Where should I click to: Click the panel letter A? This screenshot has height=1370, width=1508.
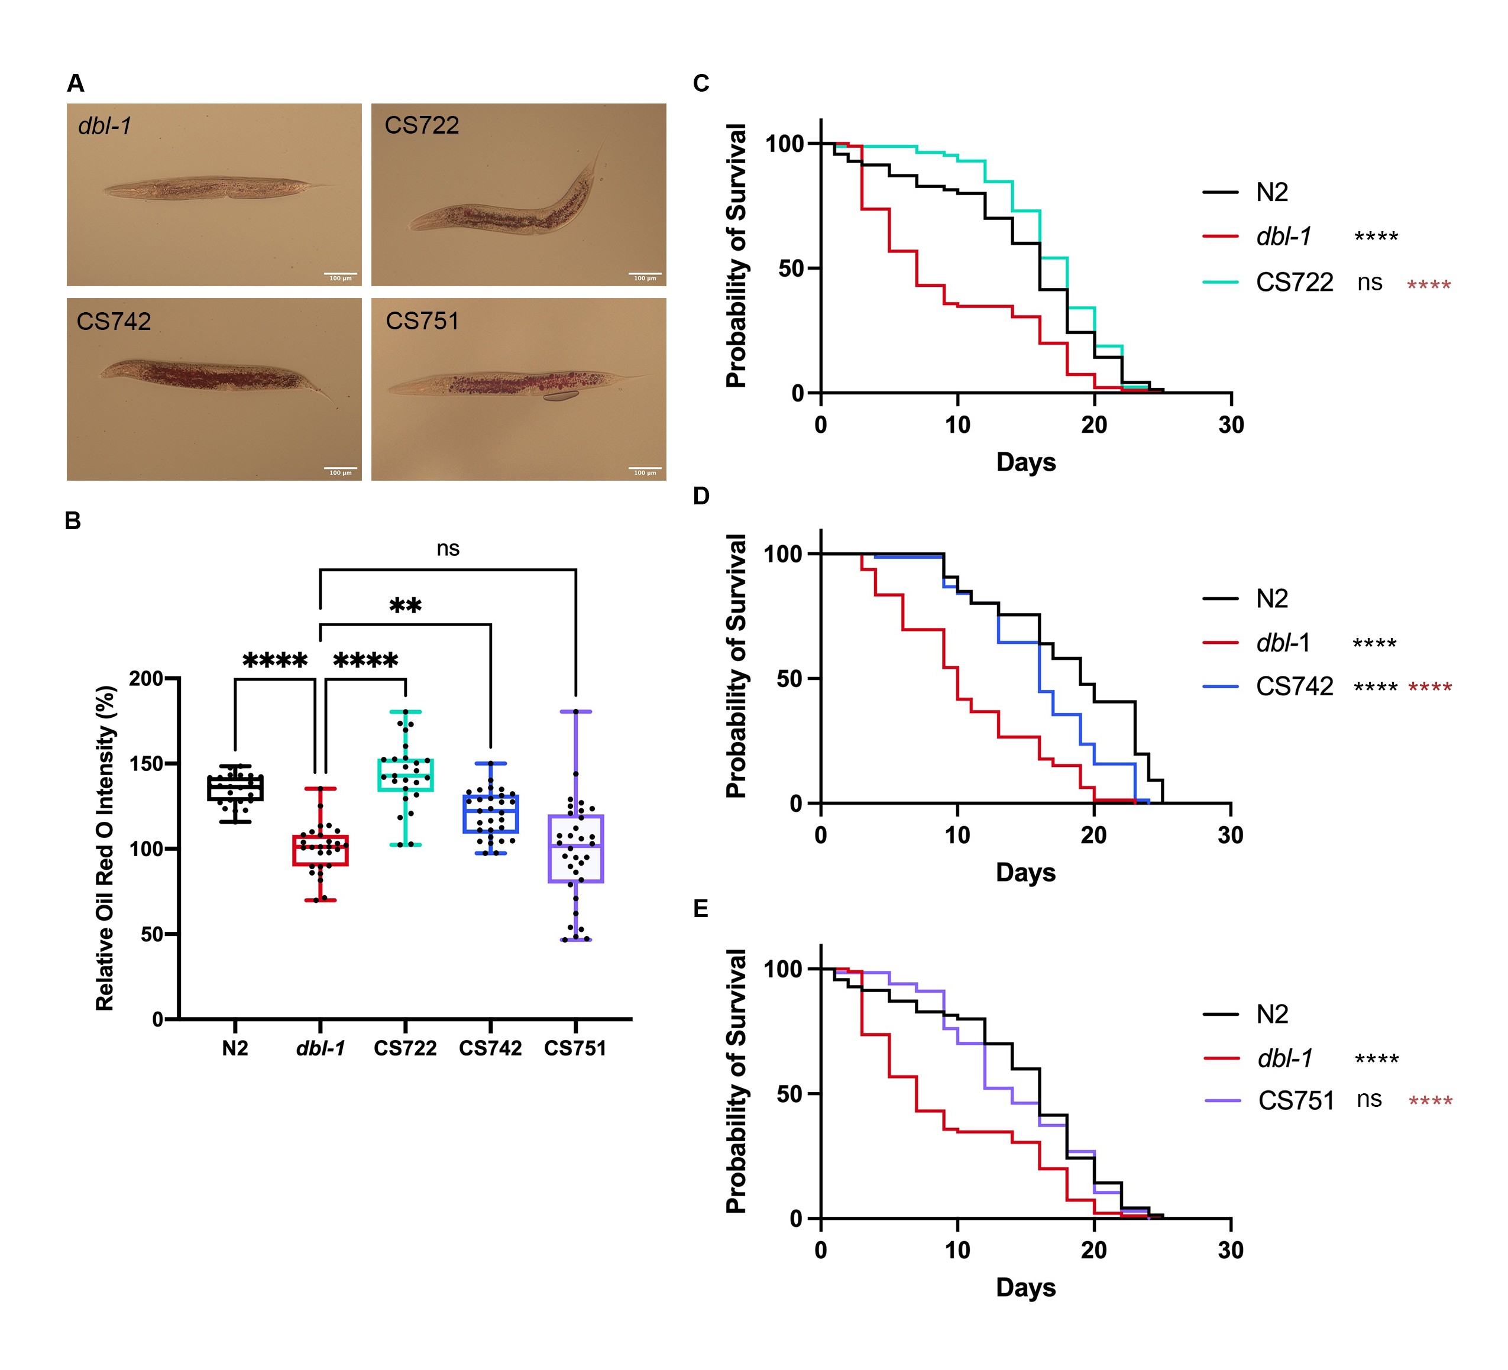pyautogui.click(x=76, y=83)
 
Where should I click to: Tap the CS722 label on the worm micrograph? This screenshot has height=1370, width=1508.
pyautogui.click(x=421, y=125)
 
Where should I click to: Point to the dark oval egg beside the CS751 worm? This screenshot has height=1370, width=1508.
pyautogui.click(x=560, y=396)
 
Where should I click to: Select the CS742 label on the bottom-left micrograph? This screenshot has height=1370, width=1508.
pyautogui.click(x=114, y=322)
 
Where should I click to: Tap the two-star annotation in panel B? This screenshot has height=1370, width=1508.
pyautogui.click(x=406, y=605)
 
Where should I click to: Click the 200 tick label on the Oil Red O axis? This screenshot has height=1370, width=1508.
pyautogui.click(x=146, y=678)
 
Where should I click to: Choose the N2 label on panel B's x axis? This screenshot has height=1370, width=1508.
pyautogui.click(x=235, y=1048)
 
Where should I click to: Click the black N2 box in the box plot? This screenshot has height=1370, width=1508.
pyautogui.click(x=235, y=788)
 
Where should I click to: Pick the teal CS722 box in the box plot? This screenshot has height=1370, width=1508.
pyautogui.click(x=406, y=775)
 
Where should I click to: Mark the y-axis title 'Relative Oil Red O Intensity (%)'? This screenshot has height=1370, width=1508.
pyautogui.click(x=105, y=848)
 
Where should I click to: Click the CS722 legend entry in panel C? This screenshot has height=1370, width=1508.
pyautogui.click(x=1294, y=282)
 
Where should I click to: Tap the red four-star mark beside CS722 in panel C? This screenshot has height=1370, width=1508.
pyautogui.click(x=1429, y=285)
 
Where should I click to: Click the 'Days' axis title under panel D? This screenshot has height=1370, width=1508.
pyautogui.click(x=1025, y=872)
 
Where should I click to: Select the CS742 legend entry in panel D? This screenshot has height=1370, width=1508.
pyautogui.click(x=1294, y=686)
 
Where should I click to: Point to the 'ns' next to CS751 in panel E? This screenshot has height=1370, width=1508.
pyautogui.click(x=1369, y=1099)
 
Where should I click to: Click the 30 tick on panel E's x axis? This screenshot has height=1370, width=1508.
pyautogui.click(x=1231, y=1251)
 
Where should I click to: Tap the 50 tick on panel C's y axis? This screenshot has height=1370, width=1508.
pyautogui.click(x=791, y=268)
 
